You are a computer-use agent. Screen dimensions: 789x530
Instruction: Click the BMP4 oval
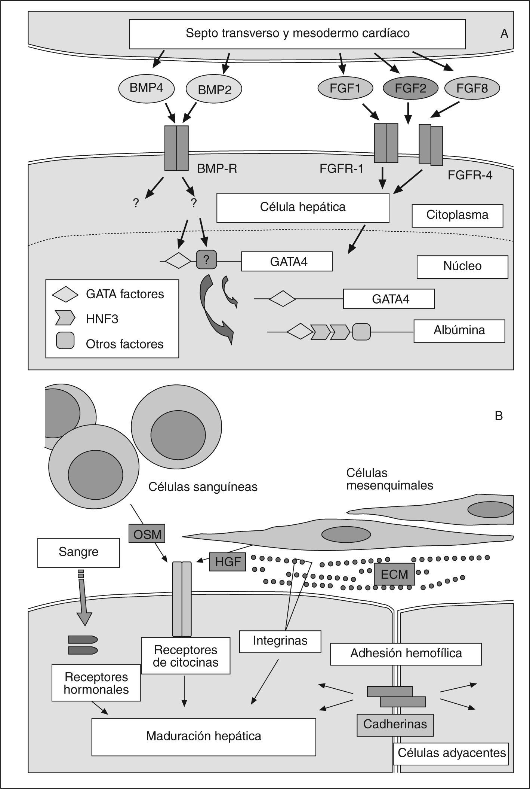tap(146, 88)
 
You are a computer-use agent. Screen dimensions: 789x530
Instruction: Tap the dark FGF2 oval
tap(410, 88)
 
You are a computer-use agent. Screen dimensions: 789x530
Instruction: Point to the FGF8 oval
tap(472, 88)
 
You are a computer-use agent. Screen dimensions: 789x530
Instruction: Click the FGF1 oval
tap(345, 88)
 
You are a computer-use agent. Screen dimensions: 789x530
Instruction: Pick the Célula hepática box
tap(303, 207)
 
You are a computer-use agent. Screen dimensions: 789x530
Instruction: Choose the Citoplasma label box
tap(457, 215)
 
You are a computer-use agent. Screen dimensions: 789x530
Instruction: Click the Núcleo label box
tap(462, 266)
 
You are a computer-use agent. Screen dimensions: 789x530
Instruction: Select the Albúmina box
tap(459, 330)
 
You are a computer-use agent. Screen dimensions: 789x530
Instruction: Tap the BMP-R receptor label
tap(217, 169)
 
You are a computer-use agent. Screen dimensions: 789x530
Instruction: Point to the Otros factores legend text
tap(124, 344)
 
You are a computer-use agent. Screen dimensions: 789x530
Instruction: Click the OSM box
tap(147, 534)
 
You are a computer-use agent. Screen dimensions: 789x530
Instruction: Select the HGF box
tap(228, 562)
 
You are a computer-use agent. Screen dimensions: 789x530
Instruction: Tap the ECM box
tap(394, 574)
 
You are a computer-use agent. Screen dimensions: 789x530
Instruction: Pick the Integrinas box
tap(280, 641)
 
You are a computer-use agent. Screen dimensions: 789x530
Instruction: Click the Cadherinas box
tap(395, 724)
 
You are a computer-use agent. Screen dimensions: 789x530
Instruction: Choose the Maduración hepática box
tap(204, 736)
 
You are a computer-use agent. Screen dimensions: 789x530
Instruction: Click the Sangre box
tap(78, 552)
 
